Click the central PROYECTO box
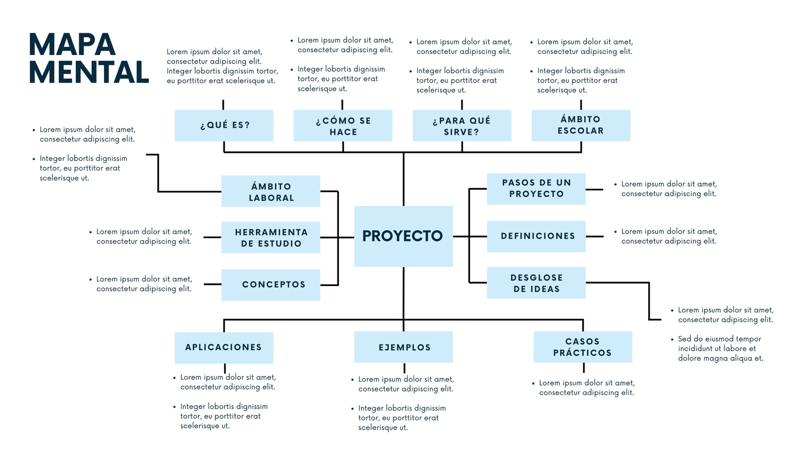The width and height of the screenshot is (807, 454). (x=403, y=237)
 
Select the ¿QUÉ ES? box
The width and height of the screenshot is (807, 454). (x=224, y=126)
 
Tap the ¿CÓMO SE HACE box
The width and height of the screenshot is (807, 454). (x=343, y=126)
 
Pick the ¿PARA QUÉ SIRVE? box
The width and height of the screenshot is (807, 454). (x=462, y=126)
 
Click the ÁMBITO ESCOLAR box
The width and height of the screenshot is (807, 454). (x=581, y=126)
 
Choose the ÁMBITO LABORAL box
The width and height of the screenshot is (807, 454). (x=270, y=191)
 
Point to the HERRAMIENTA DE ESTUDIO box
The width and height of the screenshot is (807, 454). (x=270, y=238)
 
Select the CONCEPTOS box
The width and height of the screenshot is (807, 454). (x=270, y=285)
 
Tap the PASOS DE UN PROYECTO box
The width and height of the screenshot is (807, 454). (x=536, y=189)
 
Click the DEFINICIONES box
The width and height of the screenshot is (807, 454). (x=536, y=237)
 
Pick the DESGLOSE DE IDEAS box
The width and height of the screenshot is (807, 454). (x=536, y=283)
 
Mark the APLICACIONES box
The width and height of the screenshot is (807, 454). (x=224, y=348)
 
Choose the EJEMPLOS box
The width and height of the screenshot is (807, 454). (x=403, y=347)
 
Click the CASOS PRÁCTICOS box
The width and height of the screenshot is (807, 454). (x=583, y=347)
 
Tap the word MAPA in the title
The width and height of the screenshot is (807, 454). (x=72, y=45)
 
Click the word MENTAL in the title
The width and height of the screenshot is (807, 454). (x=89, y=72)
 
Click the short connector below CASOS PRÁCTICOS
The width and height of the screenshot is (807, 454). (x=584, y=368)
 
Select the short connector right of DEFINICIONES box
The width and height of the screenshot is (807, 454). (x=595, y=237)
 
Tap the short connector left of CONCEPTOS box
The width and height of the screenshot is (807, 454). (x=212, y=285)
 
